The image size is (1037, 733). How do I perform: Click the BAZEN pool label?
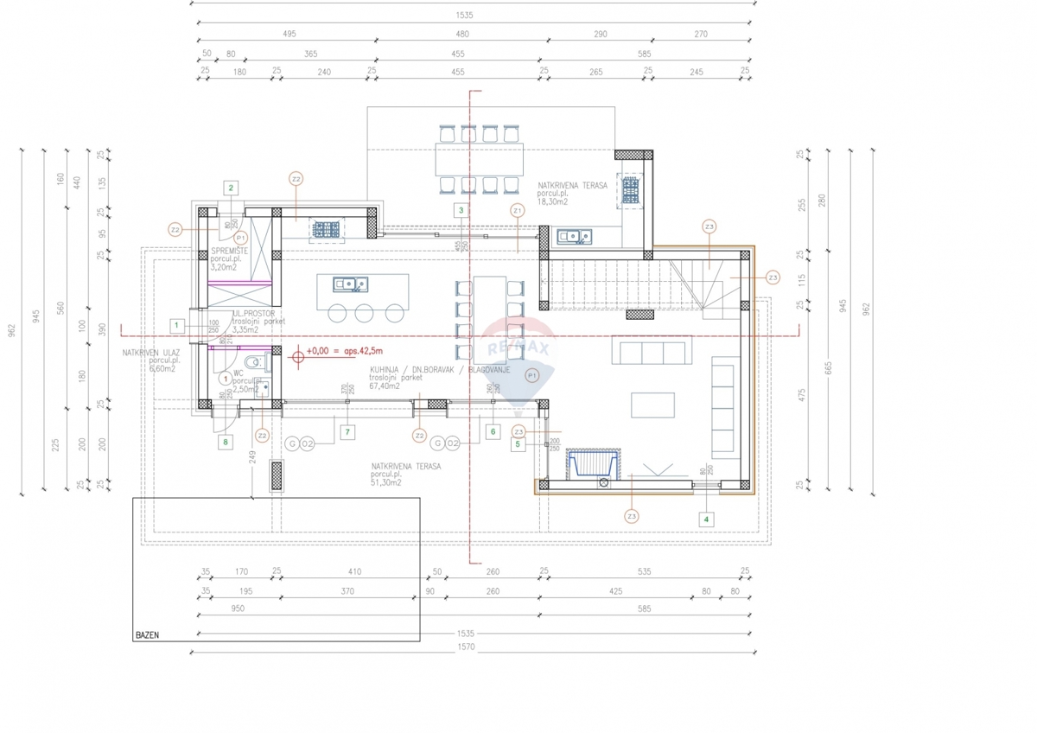tap(147, 635)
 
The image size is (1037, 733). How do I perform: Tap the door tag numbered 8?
tap(226, 442)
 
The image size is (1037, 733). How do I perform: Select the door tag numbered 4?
tap(706, 519)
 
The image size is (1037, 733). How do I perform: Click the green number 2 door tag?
tap(231, 187)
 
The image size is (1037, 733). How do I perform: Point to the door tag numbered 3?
tap(461, 210)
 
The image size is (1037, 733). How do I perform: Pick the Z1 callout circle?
tap(517, 210)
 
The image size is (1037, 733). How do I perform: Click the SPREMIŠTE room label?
tap(230, 251)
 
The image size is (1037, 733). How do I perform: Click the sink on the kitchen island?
tap(350, 283)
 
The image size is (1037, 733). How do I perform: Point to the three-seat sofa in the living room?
tap(650, 352)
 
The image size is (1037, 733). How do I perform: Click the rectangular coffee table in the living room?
tap(652, 405)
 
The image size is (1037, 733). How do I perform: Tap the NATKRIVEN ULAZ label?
tap(150, 353)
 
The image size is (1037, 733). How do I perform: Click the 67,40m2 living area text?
tap(385, 386)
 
